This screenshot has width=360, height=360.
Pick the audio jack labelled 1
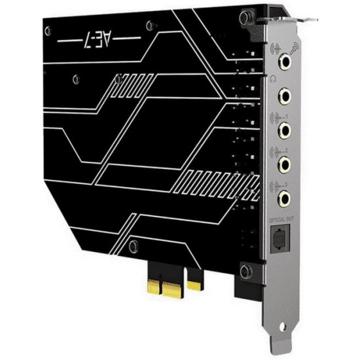[286, 130]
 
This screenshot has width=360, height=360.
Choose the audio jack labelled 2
[286, 164]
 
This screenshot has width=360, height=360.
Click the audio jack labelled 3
[286, 197]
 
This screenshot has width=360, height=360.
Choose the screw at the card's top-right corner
[248, 14]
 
